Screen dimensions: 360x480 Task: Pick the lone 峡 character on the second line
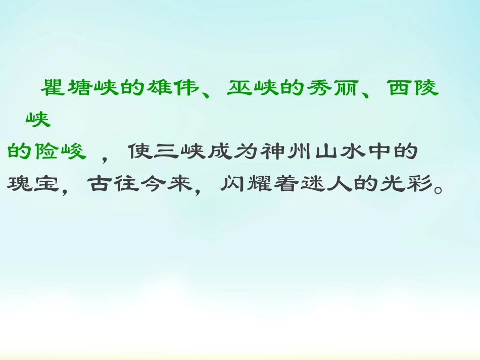38,120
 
